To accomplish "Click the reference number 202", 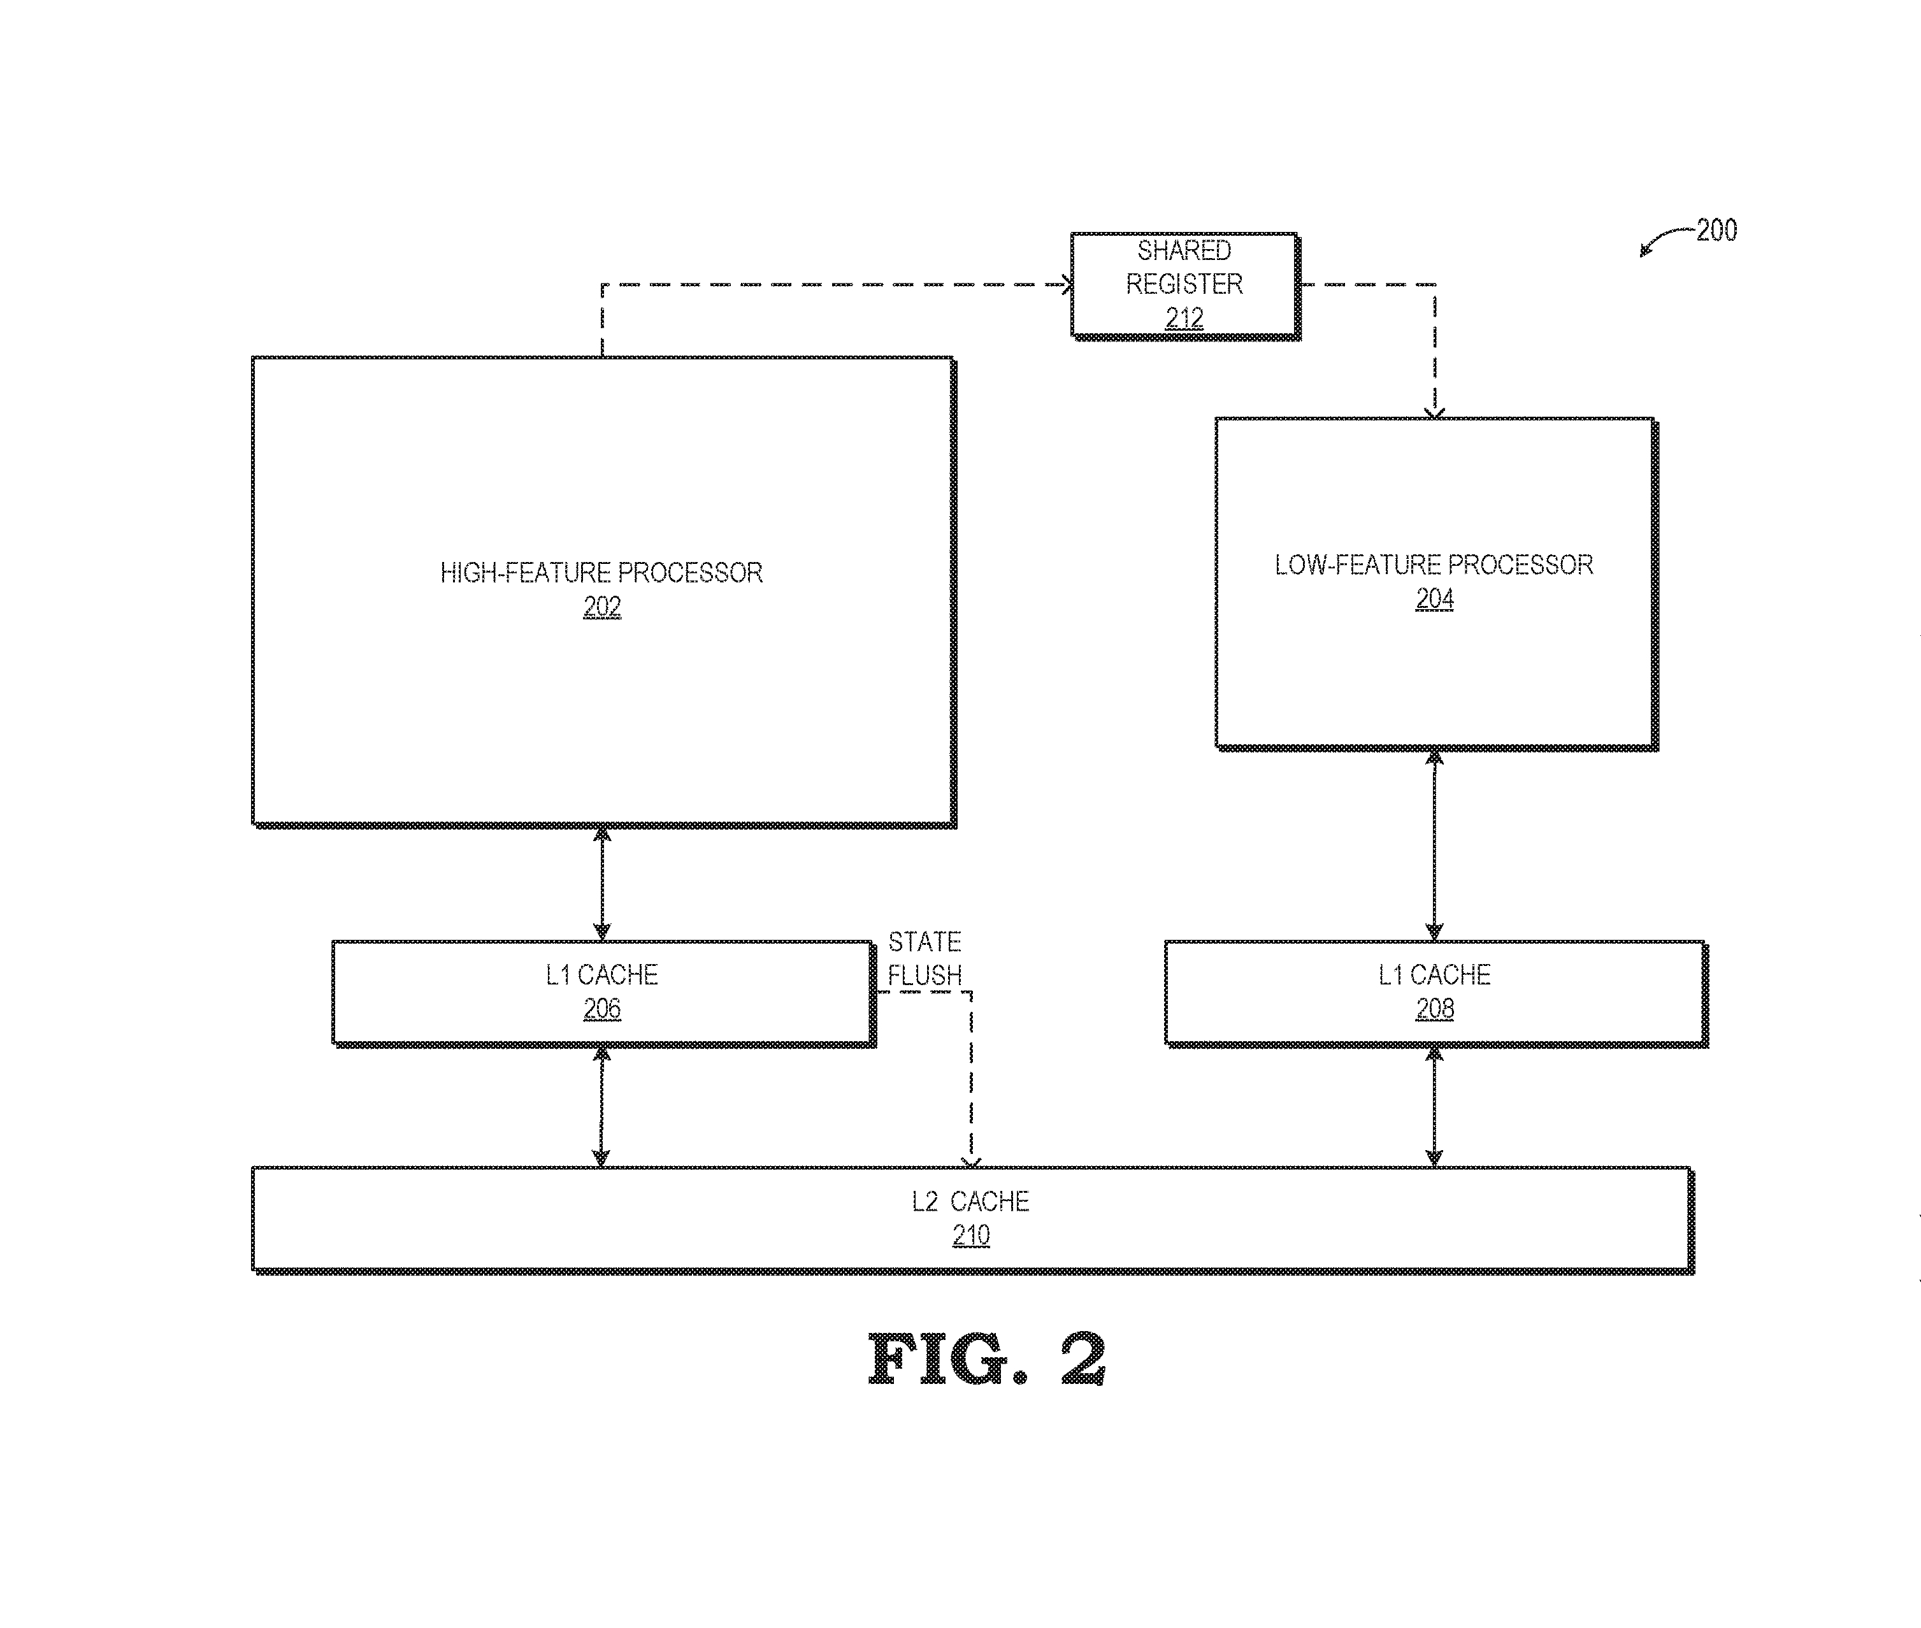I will [601, 607].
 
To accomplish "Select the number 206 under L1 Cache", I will [601, 1009].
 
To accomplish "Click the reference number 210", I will [970, 1235].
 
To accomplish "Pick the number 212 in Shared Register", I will [1184, 319].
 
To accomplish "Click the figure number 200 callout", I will [1716, 230].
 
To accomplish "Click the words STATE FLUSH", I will [925, 958].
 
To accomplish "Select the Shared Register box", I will [1184, 284].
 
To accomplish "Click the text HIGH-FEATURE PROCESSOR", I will [601, 573].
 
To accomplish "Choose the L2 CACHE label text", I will [970, 1202].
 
